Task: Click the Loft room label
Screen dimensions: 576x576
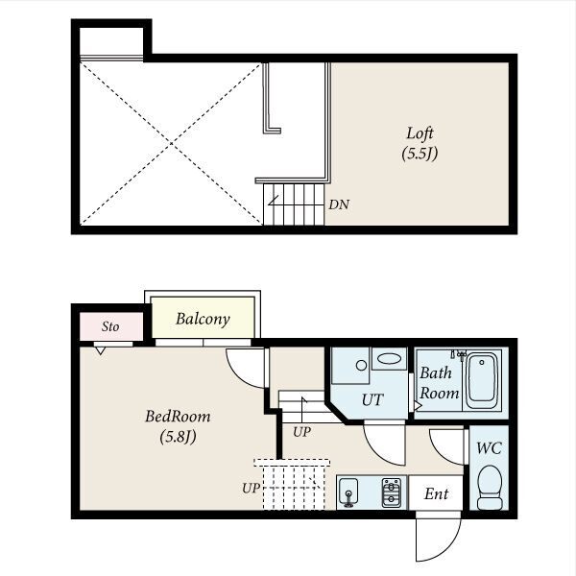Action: click(x=420, y=133)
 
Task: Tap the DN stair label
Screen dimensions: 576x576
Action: click(x=339, y=204)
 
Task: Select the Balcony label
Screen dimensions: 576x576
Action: click(x=203, y=319)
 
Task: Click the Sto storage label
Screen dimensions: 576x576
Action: click(x=110, y=326)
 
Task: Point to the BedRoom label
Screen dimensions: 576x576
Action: click(x=178, y=417)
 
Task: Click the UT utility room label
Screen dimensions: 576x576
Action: click(x=372, y=399)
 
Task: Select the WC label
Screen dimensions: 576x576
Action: click(x=489, y=448)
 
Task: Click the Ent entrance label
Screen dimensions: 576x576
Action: click(x=436, y=493)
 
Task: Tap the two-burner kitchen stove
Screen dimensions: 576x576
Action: click(x=392, y=492)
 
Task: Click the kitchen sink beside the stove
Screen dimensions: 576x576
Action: click(x=348, y=492)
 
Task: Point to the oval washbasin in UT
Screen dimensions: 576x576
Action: click(x=390, y=358)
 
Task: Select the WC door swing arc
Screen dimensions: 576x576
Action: click(x=439, y=453)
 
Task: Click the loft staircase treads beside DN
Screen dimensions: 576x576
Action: click(x=294, y=204)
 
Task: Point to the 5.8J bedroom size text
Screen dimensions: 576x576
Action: click(x=178, y=437)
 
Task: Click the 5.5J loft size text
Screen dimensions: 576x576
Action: click(x=420, y=154)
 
